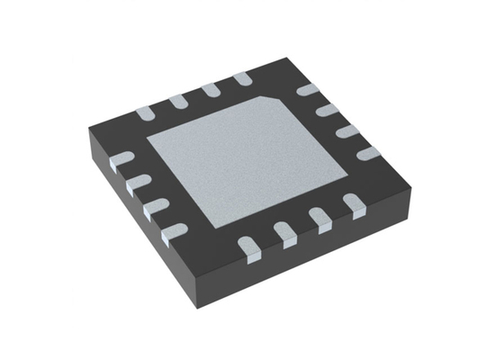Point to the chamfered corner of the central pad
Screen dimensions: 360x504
[272, 99]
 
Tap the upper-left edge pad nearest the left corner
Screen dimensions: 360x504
[145, 113]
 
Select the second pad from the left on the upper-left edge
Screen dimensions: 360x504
[177, 101]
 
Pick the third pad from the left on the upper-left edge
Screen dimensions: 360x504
[211, 90]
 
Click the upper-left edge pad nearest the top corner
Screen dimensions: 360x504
[242, 80]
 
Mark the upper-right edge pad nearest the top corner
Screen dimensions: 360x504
[309, 90]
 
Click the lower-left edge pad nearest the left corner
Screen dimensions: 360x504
[118, 162]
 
